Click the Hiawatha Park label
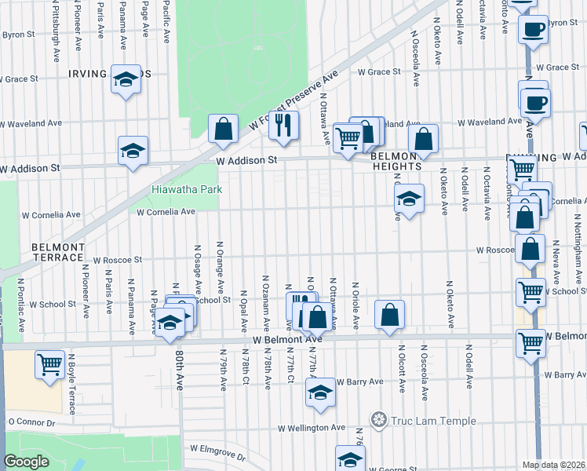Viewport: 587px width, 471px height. point(188,189)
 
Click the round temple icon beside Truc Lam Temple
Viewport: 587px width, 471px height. point(379,420)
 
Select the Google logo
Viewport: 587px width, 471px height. point(26,462)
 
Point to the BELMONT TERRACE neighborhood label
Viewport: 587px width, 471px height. point(57,252)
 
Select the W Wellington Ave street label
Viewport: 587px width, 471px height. point(312,428)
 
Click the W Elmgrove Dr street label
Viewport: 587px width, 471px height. point(217,451)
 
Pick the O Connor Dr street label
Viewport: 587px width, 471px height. point(31,422)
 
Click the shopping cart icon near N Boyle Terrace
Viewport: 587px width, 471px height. point(49,364)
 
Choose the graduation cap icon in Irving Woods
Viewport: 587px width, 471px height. point(125,78)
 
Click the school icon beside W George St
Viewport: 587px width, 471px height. point(350,458)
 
